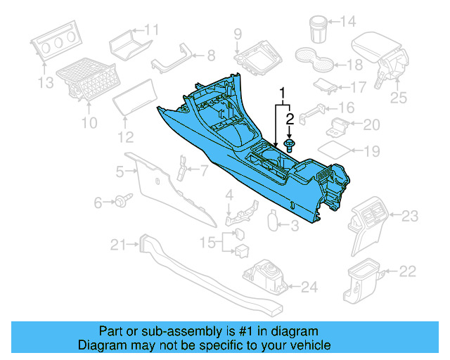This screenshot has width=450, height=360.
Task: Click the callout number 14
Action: point(348,22)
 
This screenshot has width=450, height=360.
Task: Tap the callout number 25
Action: point(399,98)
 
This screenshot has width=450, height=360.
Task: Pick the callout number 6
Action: point(98,202)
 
